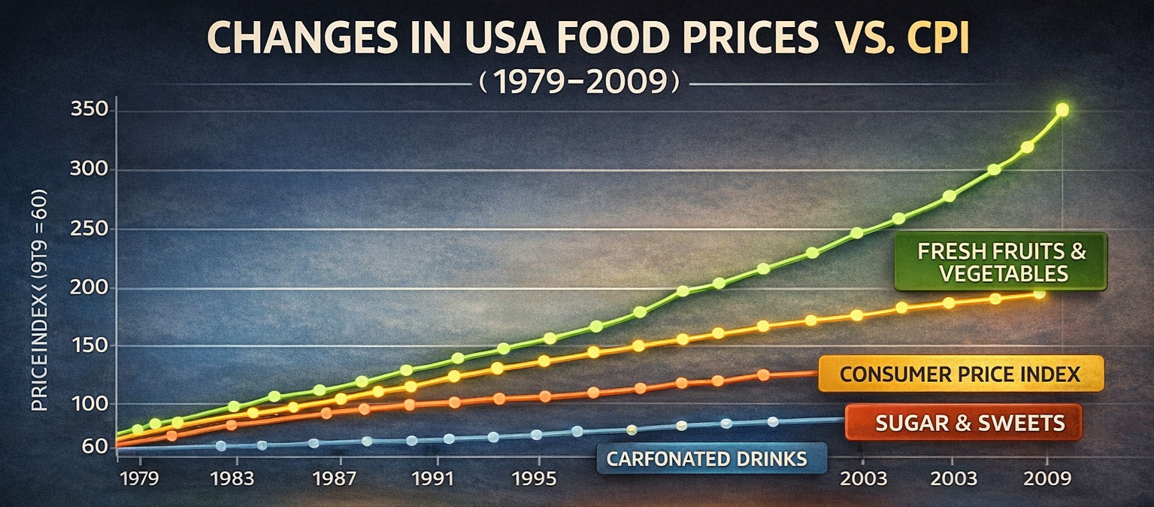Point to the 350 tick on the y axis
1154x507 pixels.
(89, 111)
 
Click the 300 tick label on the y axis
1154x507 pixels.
(89, 170)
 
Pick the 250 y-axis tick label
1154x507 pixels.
(89, 229)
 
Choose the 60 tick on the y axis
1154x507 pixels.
(95, 447)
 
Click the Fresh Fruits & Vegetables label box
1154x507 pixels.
(1001, 262)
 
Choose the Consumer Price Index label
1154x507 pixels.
(960, 374)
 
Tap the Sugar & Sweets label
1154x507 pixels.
(964, 423)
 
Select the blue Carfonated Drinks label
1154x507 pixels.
(711, 458)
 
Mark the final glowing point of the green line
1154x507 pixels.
(1062, 110)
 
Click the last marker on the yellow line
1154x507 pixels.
(1039, 293)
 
